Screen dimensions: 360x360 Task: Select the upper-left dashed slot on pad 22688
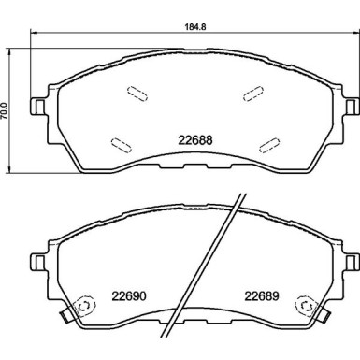[x=135, y=94]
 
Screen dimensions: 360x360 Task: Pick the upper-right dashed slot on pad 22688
[x=252, y=94]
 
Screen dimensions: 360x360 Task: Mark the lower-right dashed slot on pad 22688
[x=268, y=143]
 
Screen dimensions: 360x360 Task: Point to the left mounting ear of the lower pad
[x=39, y=258]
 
